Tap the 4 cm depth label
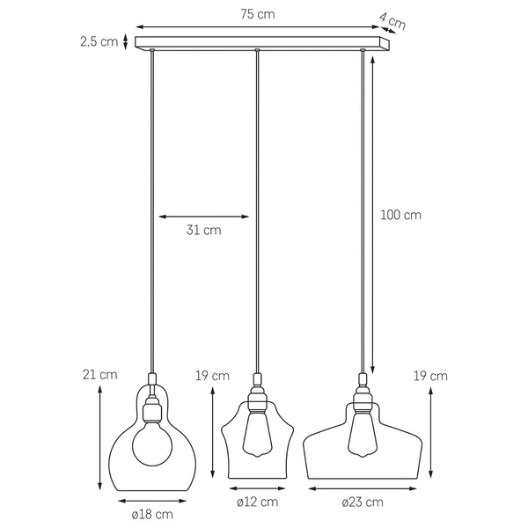[392, 22]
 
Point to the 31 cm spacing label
[203, 231]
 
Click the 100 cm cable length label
[400, 215]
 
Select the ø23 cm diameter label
[362, 502]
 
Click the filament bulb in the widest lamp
[362, 434]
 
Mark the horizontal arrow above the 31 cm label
[203, 216]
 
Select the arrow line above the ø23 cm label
[362, 487]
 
